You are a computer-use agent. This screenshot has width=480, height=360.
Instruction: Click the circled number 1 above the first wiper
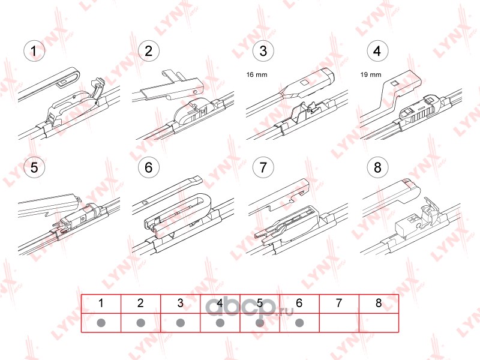pos(34,51)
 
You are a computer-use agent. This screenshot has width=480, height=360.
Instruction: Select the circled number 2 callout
pos(149,51)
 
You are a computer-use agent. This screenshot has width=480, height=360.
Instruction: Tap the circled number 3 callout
pos(263,51)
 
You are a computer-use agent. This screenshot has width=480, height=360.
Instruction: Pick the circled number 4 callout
pos(377,51)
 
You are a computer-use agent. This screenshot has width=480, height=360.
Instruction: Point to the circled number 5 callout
pos(34,167)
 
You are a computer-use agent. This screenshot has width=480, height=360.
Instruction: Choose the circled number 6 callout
pos(149,167)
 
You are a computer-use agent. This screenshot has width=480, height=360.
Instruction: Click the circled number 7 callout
pos(263,167)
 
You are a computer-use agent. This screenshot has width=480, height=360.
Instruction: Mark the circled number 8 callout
pos(377,167)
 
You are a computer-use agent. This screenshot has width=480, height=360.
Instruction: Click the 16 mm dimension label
pos(257,74)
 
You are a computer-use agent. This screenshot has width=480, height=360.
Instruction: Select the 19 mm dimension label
pos(371,74)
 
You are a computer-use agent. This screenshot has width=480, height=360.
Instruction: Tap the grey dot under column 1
pos(101,323)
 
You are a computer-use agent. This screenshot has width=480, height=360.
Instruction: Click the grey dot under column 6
pos(299,323)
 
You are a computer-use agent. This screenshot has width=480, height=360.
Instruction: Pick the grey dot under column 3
pos(181,323)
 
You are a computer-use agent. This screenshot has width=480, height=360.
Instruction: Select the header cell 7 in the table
pos(339,304)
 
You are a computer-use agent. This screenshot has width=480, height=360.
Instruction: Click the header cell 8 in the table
pos(379,304)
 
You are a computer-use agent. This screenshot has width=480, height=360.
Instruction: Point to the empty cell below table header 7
pos(339,323)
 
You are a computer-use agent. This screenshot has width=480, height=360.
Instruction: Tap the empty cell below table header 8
pos(379,323)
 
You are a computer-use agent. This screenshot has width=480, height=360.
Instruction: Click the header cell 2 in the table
pos(141,304)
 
